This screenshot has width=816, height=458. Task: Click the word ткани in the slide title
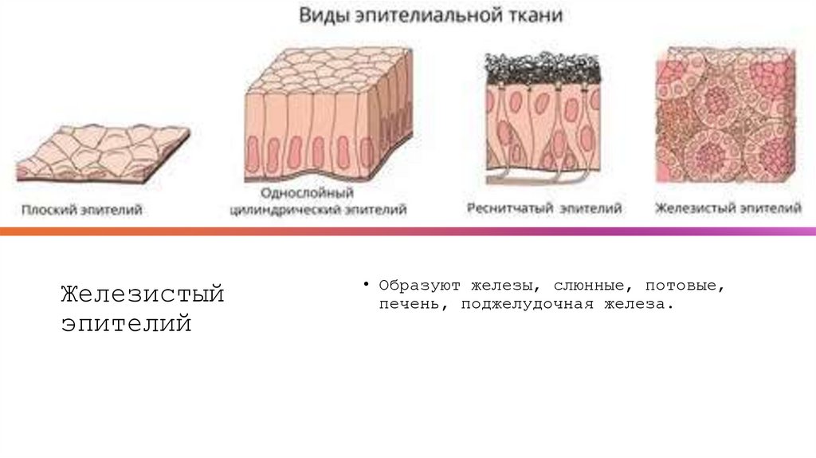click(x=541, y=15)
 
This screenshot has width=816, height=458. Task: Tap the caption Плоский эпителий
click(x=82, y=210)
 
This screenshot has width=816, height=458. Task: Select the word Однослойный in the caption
click(x=308, y=194)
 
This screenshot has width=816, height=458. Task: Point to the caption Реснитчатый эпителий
click(x=543, y=209)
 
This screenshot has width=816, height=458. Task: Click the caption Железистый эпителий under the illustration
click(x=728, y=209)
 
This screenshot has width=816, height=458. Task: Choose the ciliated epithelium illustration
click(x=543, y=120)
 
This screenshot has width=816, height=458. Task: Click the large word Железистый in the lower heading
click(x=143, y=294)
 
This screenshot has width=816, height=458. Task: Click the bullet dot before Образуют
click(x=367, y=285)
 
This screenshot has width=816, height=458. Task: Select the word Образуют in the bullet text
click(x=419, y=285)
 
